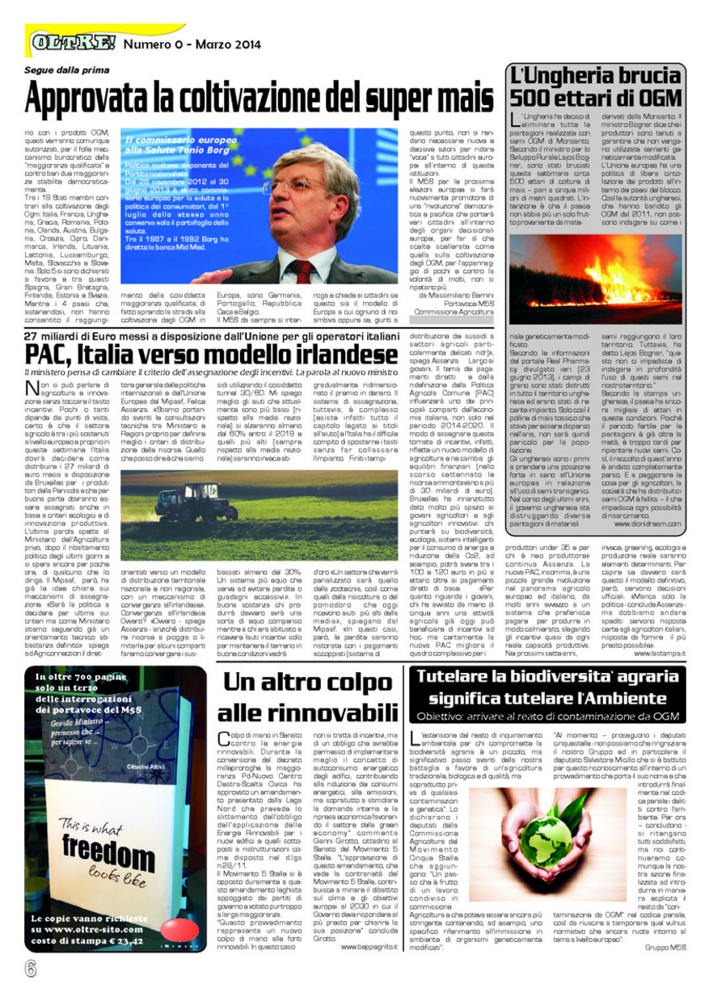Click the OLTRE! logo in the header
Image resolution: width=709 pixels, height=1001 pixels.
coord(72,40)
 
